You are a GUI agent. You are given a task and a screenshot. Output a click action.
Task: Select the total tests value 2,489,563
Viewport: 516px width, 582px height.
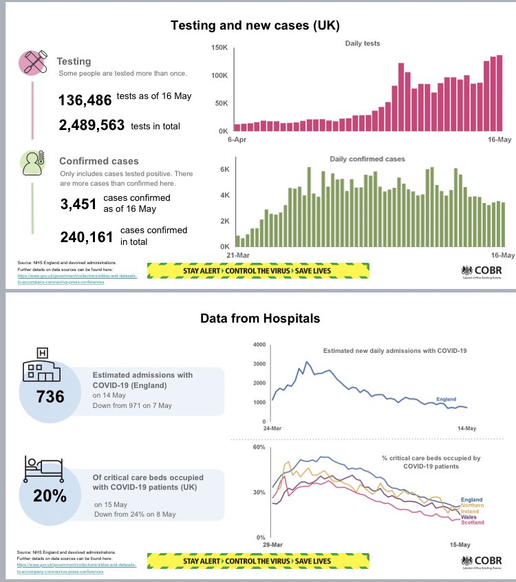(x=91, y=125)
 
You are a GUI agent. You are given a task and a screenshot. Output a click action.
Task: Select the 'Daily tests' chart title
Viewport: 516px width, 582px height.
(x=363, y=43)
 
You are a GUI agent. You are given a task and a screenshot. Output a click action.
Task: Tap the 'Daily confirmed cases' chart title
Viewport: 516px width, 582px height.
(x=367, y=159)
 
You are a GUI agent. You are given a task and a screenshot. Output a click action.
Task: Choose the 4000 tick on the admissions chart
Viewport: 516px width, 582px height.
(x=259, y=344)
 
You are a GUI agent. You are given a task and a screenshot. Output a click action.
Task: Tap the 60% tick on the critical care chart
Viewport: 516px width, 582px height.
(x=259, y=447)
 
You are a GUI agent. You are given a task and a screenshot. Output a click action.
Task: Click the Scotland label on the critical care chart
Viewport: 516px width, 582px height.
(x=472, y=524)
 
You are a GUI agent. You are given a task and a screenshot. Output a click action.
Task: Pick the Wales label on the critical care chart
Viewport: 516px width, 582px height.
(x=469, y=517)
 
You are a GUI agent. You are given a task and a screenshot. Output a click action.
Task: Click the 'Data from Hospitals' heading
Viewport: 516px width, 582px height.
(x=259, y=319)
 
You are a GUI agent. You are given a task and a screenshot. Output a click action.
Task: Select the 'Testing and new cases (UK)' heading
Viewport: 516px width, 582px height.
(x=255, y=25)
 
